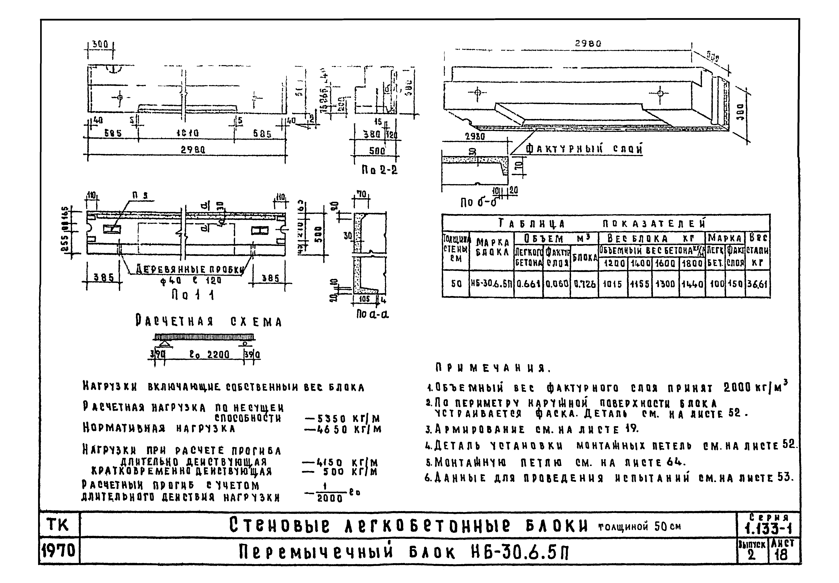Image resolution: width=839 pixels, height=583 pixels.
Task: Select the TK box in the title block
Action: tap(58, 525)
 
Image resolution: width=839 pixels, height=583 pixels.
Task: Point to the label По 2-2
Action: tap(379, 170)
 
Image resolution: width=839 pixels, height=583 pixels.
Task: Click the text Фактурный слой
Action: tap(584, 149)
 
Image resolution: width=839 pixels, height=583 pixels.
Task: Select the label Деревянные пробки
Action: tap(190, 270)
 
